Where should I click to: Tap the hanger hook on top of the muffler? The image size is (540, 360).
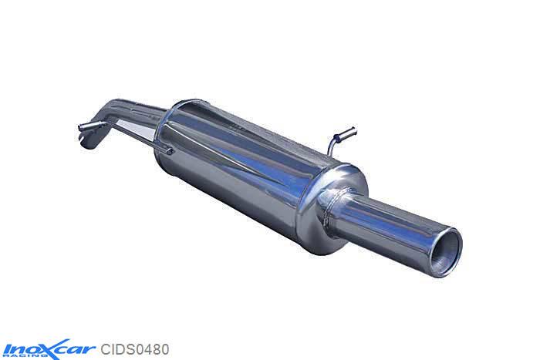(x=339, y=139)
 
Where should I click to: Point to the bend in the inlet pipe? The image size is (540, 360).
(x=116, y=116)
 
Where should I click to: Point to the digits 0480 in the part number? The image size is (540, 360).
(x=154, y=348)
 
